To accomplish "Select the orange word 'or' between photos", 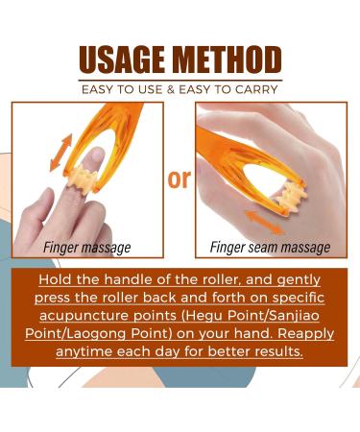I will (180, 180).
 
